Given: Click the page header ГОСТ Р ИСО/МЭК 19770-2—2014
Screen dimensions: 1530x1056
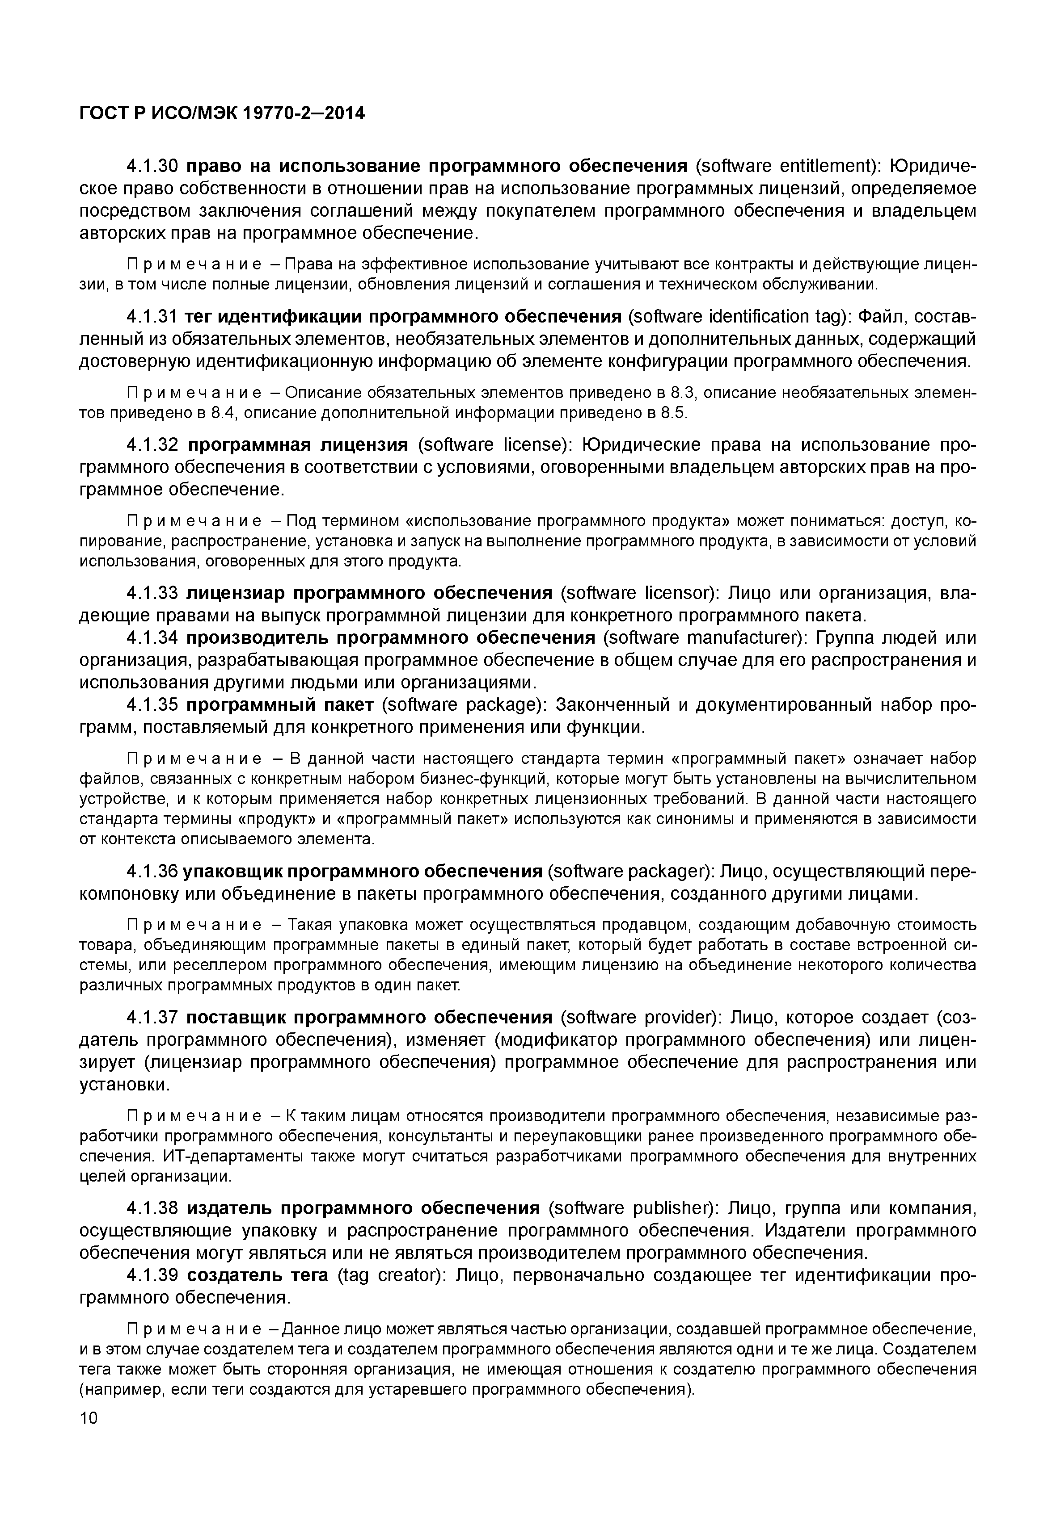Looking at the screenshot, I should (222, 114).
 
